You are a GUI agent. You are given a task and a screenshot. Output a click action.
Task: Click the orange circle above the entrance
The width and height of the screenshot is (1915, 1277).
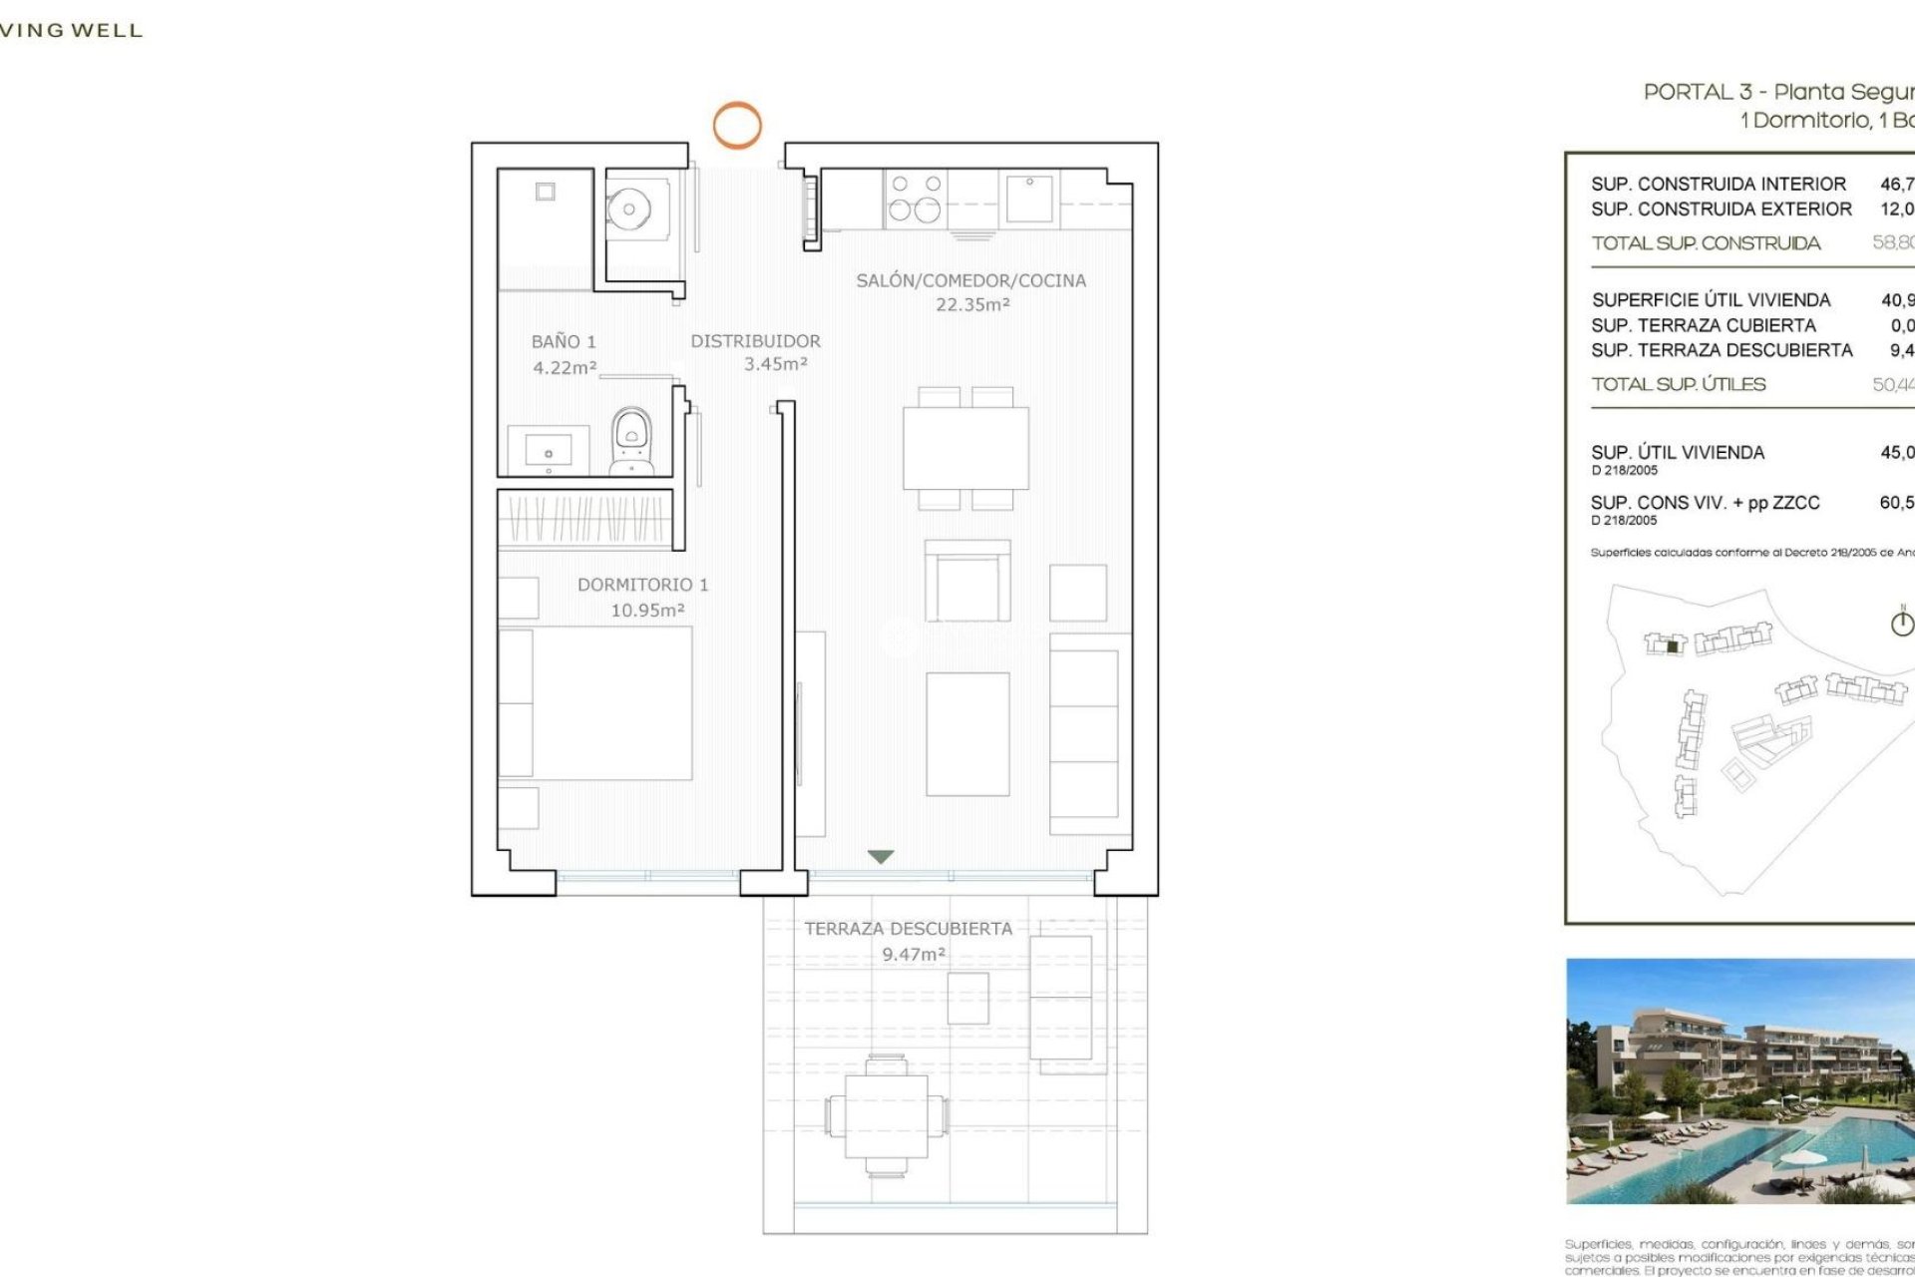[x=736, y=126]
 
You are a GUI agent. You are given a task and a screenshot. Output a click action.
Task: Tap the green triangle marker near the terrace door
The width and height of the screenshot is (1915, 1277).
[x=880, y=856]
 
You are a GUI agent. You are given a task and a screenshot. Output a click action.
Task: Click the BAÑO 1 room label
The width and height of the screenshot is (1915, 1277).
[x=564, y=342]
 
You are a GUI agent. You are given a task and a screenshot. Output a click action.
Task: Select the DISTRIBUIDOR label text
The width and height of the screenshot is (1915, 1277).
[x=755, y=341]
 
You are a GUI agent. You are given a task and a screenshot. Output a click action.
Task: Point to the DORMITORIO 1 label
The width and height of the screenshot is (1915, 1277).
[x=642, y=585]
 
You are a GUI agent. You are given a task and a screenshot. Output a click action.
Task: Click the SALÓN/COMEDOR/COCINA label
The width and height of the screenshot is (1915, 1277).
[x=970, y=281]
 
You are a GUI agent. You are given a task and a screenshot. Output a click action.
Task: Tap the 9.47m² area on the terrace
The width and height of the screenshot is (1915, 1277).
[x=913, y=955]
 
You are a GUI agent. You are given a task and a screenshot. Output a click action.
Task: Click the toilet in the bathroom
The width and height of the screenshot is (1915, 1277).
[x=631, y=439]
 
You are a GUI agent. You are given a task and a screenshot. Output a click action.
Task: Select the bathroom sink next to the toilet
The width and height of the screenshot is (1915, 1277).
[x=548, y=450]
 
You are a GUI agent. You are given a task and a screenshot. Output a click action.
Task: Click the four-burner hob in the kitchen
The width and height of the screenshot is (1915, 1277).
[x=916, y=198]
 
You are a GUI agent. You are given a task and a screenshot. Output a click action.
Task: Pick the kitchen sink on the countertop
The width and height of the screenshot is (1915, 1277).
[x=1029, y=198]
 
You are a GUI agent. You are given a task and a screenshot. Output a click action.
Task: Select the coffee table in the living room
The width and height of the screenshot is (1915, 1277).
[x=967, y=733]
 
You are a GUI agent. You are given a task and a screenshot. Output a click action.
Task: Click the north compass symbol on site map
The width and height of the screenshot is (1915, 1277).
[x=1902, y=623]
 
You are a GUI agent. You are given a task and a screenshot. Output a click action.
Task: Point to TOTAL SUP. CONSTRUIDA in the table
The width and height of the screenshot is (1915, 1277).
[x=1706, y=243]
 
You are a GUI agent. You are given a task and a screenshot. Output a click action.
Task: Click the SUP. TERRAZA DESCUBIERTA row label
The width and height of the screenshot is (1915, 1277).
[x=1722, y=350]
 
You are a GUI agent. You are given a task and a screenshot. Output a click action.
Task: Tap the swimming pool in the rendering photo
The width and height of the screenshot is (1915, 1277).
[x=1785, y=1147]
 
